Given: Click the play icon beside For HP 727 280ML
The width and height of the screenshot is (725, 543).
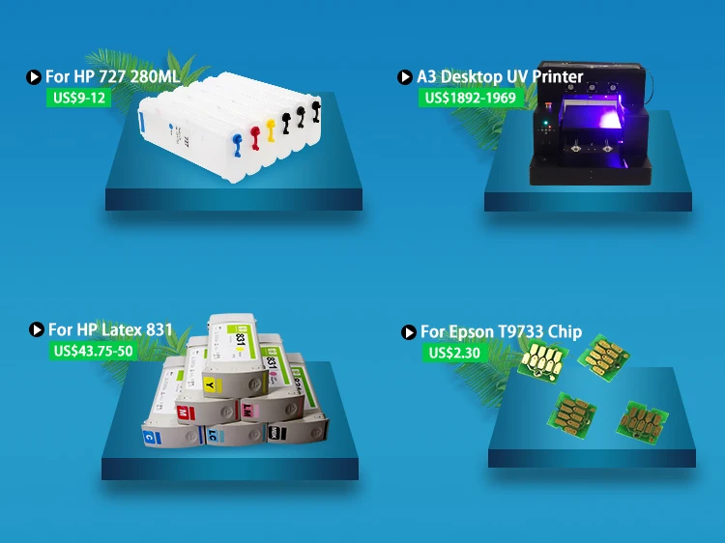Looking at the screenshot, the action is pyautogui.click(x=34, y=76).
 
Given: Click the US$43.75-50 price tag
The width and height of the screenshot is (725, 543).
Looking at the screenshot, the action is pyautogui.click(x=93, y=351).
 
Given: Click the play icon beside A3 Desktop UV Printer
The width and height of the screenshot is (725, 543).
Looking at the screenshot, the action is pyautogui.click(x=405, y=76).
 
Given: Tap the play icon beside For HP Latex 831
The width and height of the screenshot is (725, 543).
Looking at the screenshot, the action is pyautogui.click(x=37, y=330).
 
